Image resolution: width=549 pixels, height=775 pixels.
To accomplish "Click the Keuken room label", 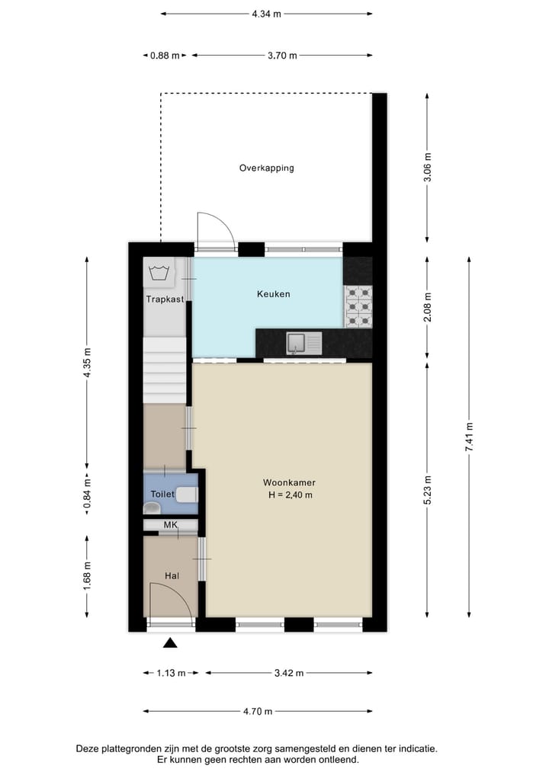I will (273, 293).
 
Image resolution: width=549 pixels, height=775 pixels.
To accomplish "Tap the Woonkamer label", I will (289, 482).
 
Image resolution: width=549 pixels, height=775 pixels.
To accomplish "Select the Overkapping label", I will (266, 168).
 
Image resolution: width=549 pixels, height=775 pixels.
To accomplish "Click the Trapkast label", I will (165, 299).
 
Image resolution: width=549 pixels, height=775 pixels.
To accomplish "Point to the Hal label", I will (171, 576).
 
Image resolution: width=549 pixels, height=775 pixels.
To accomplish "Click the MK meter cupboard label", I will (170, 525).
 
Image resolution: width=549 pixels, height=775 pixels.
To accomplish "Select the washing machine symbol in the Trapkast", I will (160, 271).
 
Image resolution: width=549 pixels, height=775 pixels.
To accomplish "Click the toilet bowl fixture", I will (187, 495).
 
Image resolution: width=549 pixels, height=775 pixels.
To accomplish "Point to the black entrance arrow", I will (170, 643).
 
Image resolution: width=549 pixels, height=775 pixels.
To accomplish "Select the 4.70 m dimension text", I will (257, 712).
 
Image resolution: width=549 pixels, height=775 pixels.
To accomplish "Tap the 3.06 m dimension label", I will (428, 167).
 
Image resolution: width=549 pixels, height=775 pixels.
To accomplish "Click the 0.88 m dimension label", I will (165, 56).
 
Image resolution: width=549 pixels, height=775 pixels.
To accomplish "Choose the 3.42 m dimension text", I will (288, 673).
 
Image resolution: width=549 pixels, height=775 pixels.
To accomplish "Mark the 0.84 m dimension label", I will (87, 493).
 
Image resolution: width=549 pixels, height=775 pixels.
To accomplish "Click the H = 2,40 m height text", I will (289, 495).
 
